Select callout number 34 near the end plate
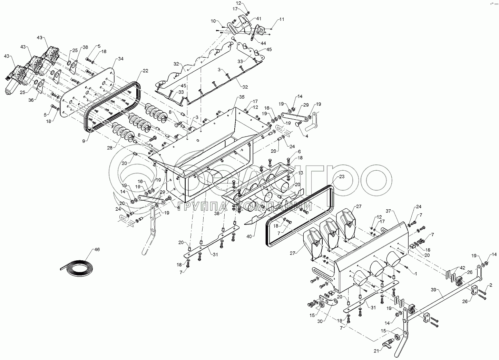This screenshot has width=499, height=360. point(120,59)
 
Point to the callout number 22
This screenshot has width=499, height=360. point(146,71)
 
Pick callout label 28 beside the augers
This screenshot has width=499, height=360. point(109,148)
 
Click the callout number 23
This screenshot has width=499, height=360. point(342,177)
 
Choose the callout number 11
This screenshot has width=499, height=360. point(282,19)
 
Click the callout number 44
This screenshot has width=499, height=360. point(263,43)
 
